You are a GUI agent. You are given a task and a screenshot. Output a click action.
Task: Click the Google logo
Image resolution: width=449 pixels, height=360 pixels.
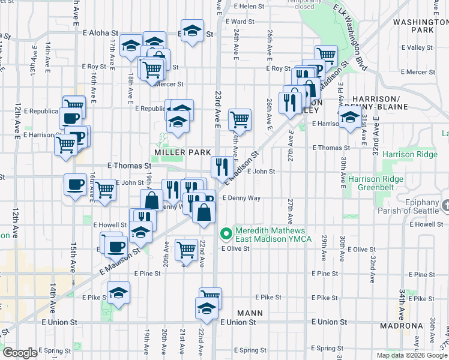click(20, 353)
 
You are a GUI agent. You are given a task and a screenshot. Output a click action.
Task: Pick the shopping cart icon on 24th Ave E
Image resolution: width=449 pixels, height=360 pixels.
click(240, 118)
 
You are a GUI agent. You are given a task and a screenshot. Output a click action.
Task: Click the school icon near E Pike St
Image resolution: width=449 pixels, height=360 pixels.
click(118, 293)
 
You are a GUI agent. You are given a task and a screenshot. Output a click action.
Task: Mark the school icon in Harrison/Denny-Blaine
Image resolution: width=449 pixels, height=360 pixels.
click(349, 118)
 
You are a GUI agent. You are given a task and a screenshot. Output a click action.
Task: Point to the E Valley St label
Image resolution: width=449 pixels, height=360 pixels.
click(419, 47)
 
